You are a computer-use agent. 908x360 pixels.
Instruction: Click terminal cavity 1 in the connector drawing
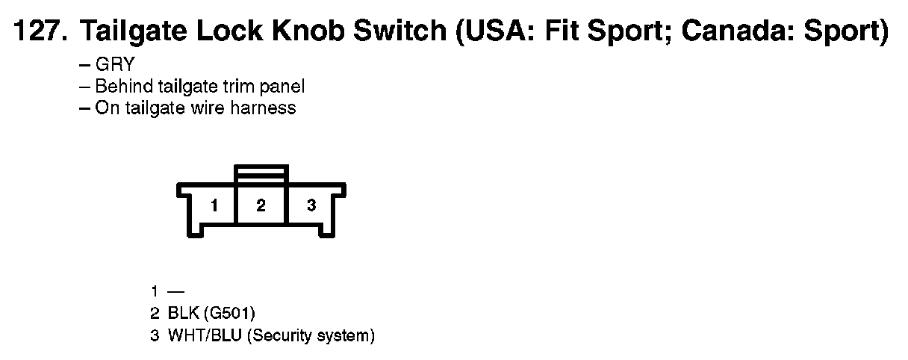(x=214, y=205)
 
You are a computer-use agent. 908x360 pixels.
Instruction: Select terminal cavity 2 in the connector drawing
(x=261, y=205)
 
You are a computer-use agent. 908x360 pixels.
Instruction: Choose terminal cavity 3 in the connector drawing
(x=311, y=205)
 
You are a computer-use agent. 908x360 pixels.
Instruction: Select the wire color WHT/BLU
(x=203, y=336)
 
